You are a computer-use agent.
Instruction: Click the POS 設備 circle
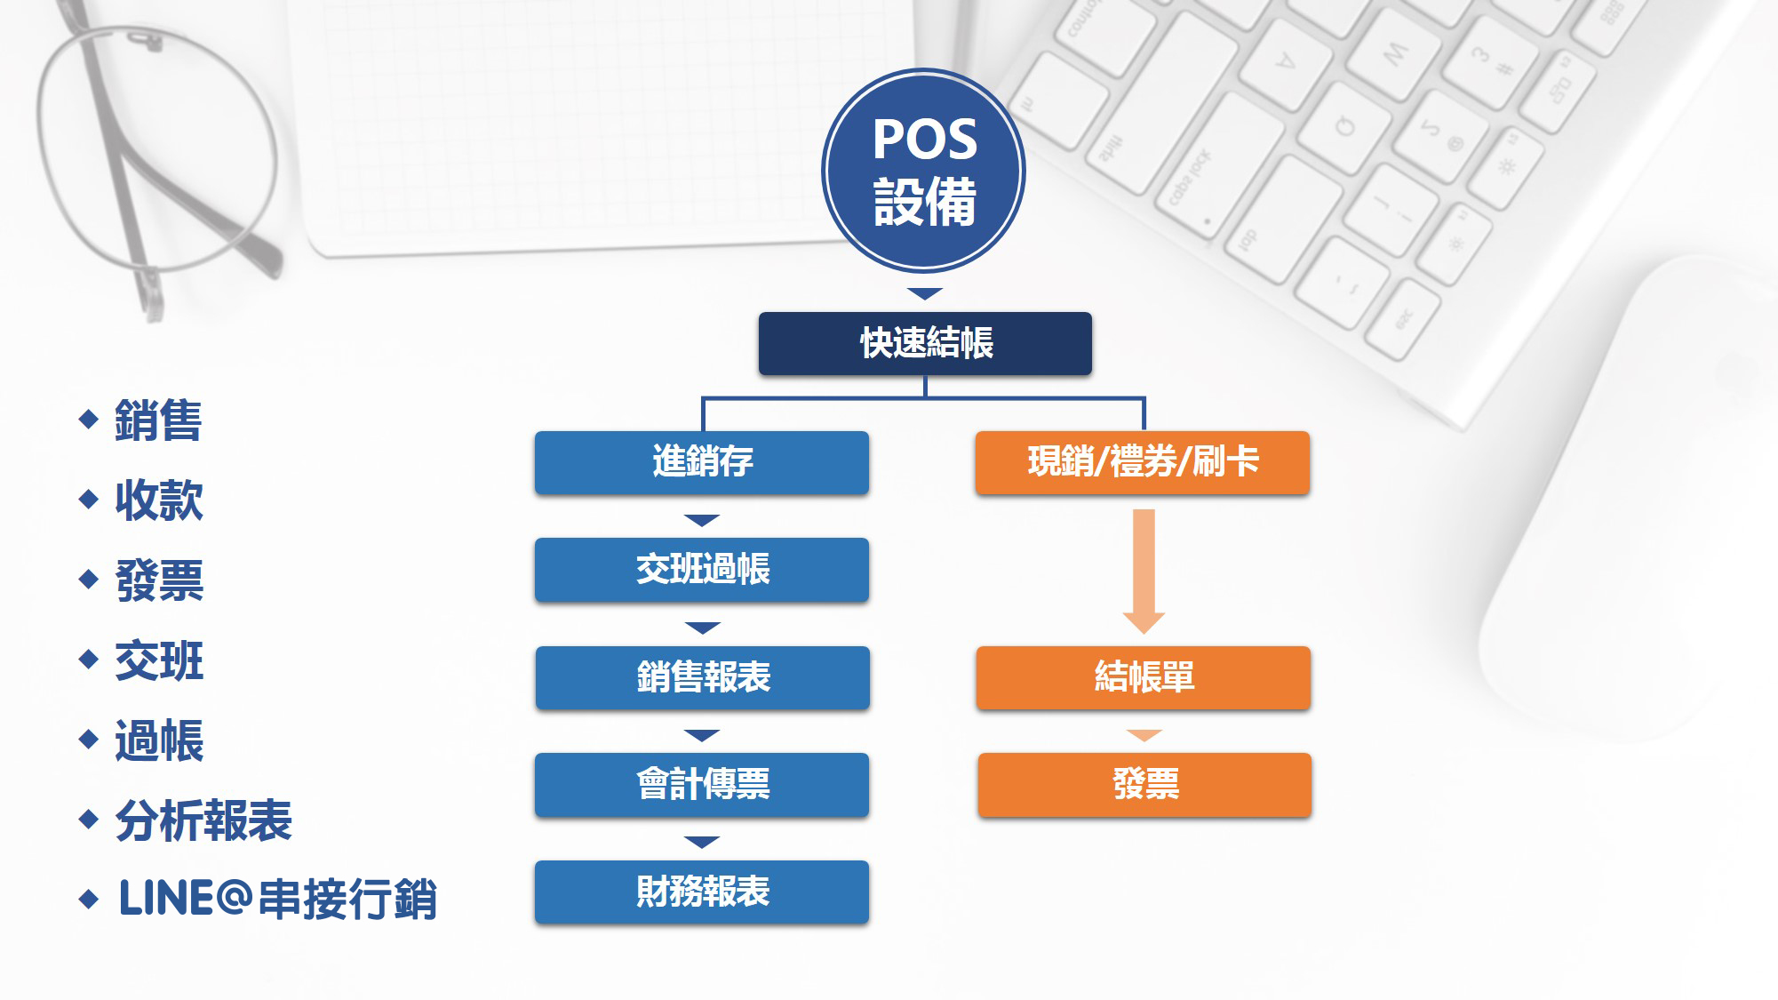(924, 170)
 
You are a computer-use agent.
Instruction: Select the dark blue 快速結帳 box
(925, 343)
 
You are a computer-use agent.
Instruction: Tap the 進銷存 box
(702, 462)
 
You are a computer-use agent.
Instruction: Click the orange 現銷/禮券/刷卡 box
(1143, 462)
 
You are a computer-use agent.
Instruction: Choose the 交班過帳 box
(702, 570)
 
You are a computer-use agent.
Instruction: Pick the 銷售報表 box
(703, 677)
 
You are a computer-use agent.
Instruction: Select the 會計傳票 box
(702, 785)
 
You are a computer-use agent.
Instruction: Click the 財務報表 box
(702, 892)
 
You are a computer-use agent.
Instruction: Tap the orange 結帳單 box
(1144, 677)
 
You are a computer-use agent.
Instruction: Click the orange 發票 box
(1144, 785)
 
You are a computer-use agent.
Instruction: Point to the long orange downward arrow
(1144, 572)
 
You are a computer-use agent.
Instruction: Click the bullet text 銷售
(159, 420)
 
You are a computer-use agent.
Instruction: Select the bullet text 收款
(159, 500)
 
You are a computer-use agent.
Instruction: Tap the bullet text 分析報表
(203, 820)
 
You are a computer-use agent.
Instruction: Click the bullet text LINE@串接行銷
(278, 899)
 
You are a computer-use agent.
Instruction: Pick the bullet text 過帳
(159, 740)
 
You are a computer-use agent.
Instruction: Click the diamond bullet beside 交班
(88, 659)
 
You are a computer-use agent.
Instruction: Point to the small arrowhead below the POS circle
(925, 293)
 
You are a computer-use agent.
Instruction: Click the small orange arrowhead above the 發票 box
(1144, 735)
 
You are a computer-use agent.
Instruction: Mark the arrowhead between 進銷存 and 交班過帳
(702, 520)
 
